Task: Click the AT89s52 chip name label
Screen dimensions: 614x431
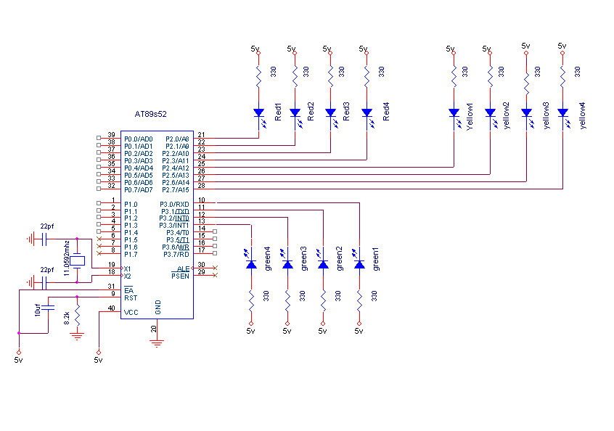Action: pyautogui.click(x=150, y=114)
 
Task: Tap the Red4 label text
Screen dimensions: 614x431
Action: pyautogui.click(x=386, y=112)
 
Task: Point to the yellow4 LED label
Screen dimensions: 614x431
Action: pyautogui.click(x=582, y=115)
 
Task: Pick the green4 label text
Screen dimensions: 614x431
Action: pyautogui.click(x=268, y=259)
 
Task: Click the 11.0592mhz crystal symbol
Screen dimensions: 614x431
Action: pyautogui.click(x=77, y=260)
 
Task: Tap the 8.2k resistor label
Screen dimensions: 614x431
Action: pyautogui.click(x=67, y=318)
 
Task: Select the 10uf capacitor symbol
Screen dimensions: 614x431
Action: pyautogui.click(x=48, y=308)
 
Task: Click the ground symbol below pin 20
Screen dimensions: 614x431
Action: pyautogui.click(x=157, y=344)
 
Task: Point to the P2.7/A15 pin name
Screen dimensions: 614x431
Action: pyautogui.click(x=176, y=190)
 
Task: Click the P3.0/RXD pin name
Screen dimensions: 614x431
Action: pyautogui.click(x=174, y=205)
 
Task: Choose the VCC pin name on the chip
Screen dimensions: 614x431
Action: pyautogui.click(x=131, y=313)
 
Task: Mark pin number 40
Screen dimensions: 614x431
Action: pyautogui.click(x=111, y=308)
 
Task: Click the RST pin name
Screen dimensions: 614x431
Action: pyautogui.click(x=131, y=298)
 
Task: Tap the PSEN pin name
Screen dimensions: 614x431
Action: pyautogui.click(x=180, y=276)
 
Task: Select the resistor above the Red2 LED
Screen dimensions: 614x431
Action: pyautogui.click(x=295, y=77)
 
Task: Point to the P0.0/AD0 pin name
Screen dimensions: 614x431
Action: pyautogui.click(x=138, y=139)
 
